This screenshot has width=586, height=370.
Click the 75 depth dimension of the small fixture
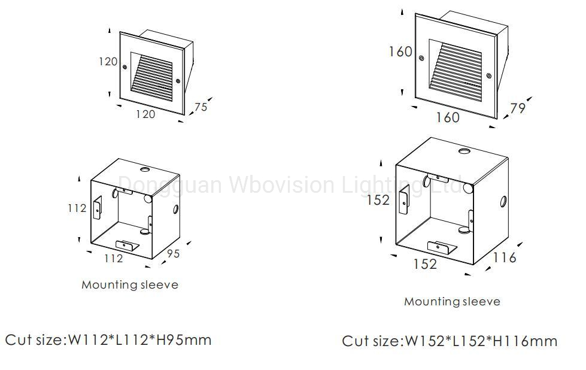click(201, 107)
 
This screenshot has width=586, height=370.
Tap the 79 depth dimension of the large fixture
click(518, 109)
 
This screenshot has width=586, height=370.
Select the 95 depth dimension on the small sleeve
click(172, 254)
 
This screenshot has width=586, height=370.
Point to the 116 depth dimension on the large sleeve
click(505, 257)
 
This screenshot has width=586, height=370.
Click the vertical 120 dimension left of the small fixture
click(108, 61)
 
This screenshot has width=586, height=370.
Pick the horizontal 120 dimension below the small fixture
click(145, 114)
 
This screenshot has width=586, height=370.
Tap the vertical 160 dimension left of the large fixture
click(400, 51)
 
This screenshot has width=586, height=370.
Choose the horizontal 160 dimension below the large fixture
click(448, 117)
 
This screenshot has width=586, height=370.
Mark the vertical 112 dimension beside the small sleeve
click(77, 208)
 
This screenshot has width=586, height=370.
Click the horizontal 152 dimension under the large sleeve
click(425, 263)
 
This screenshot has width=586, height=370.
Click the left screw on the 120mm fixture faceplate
click(125, 66)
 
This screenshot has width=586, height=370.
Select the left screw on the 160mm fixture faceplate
click(421, 58)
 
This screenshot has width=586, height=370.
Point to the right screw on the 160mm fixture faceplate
click(489, 76)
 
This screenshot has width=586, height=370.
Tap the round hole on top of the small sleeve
click(144, 169)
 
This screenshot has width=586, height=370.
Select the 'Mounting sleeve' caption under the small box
click(130, 285)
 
